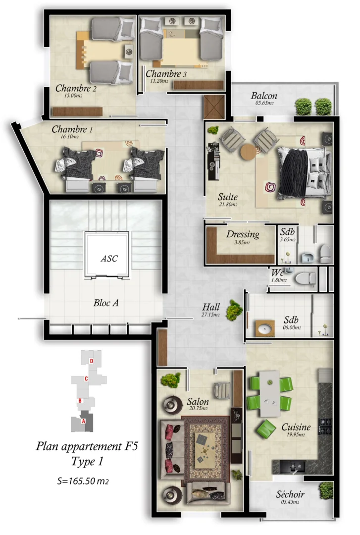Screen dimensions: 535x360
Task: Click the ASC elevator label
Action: tap(109, 259)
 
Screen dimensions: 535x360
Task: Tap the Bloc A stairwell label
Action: tap(105, 303)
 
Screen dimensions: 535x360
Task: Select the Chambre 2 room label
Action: tap(75, 89)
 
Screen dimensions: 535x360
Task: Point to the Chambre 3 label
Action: tap(166, 74)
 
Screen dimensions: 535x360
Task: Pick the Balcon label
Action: tap(263, 96)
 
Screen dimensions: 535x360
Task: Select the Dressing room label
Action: tap(243, 234)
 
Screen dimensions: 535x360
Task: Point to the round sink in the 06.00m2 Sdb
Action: tap(266, 328)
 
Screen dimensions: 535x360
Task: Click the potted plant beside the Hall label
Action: tap(233, 311)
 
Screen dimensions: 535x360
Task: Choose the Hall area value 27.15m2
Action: tap(210, 315)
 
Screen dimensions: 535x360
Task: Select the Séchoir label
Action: tap(290, 494)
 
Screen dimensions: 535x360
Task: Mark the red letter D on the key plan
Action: tap(91, 361)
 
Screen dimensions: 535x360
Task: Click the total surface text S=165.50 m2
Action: tap(82, 481)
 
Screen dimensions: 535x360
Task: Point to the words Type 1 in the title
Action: tap(87, 462)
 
